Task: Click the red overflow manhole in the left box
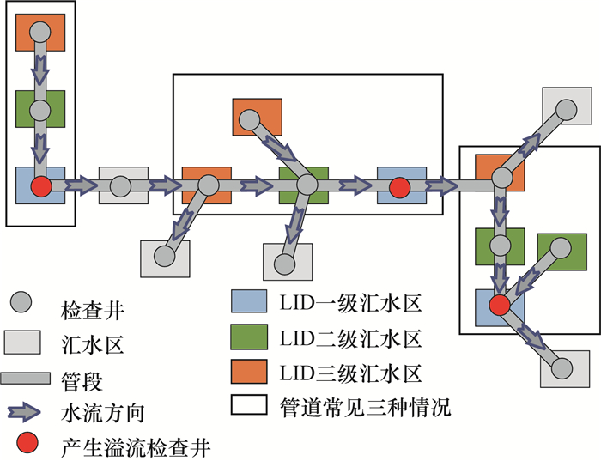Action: [40, 186]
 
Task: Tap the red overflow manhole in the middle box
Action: [398, 186]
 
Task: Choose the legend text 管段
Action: [83, 379]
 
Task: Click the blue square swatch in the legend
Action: [249, 303]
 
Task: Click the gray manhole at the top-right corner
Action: [565, 109]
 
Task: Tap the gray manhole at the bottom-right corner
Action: [562, 368]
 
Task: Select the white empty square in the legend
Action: [249, 407]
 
